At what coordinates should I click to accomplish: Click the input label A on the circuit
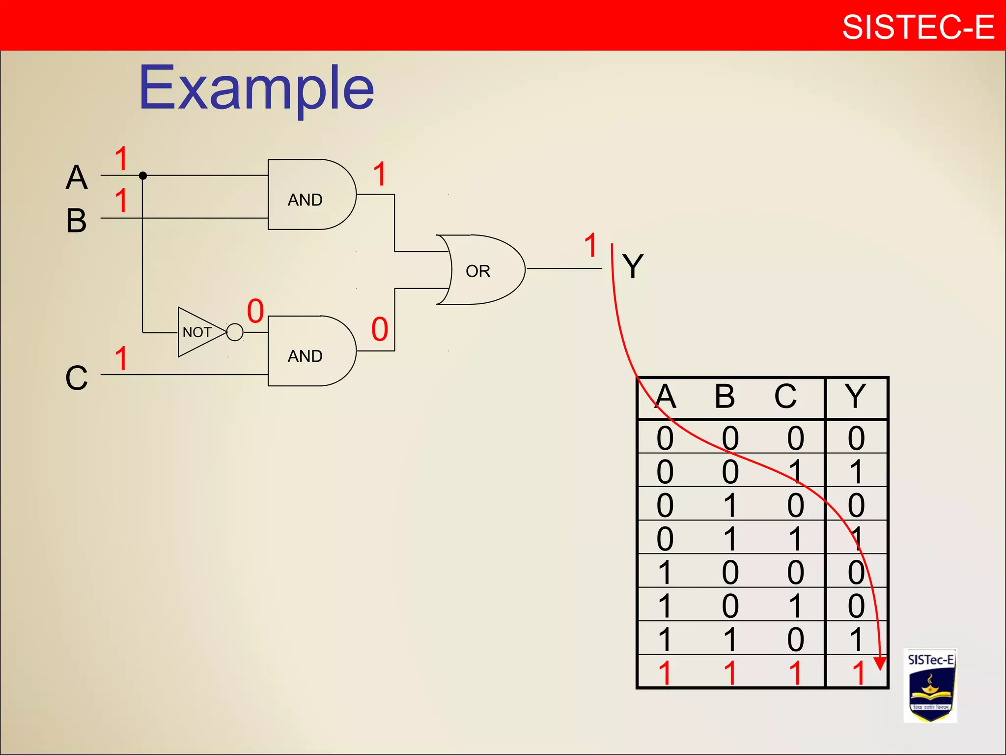77,177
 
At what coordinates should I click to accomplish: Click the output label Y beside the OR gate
633,266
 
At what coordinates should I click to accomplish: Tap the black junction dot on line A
143,175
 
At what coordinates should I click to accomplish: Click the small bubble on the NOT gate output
235,332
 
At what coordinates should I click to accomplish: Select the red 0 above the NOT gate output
255,311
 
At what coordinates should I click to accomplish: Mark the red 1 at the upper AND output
380,174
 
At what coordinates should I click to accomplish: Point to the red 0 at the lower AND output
380,329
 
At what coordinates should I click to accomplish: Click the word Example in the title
256,88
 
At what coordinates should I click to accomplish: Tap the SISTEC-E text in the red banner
918,27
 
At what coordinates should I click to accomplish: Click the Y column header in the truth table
855,396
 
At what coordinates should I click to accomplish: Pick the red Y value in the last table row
858,673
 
